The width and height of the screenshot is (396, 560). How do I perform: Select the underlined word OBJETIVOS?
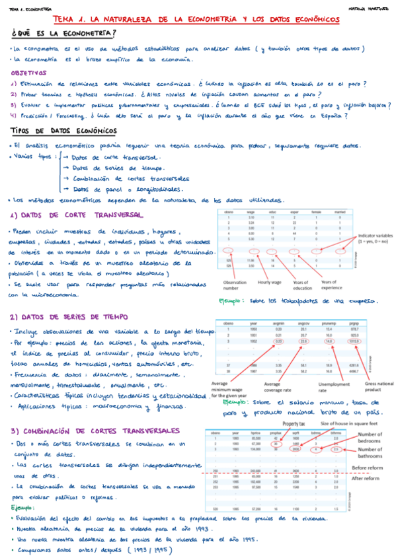click(x=28, y=73)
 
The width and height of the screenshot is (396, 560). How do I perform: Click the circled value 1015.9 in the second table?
click(x=354, y=341)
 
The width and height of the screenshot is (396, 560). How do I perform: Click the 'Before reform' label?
click(x=369, y=466)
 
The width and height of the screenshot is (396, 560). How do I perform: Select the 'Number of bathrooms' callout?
click(x=372, y=452)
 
